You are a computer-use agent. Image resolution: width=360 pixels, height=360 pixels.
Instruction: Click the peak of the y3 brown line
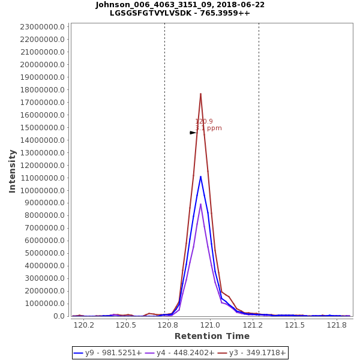pos(200,94)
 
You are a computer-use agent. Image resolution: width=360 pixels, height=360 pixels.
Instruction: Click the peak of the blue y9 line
pos(200,176)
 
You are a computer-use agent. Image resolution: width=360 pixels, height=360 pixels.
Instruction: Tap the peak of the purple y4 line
pos(200,204)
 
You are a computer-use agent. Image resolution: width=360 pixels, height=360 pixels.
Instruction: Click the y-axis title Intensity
pos(12,171)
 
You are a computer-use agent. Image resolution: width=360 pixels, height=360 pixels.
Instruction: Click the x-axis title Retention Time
pos(212,336)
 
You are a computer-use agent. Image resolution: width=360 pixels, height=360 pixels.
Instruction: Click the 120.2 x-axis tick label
pos(84,325)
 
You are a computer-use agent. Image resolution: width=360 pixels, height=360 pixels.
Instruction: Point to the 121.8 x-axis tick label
pos(337,325)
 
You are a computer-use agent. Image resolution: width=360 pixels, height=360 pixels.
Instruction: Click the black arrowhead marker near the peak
pos(193,133)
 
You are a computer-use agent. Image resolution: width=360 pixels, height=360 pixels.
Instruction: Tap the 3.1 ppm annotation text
pos(208,128)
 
